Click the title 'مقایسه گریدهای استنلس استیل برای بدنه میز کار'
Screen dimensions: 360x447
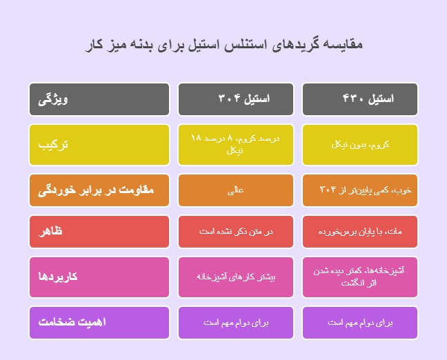point(223,45)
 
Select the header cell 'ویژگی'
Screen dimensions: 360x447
point(99,99)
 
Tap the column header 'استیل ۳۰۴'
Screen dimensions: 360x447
point(236,99)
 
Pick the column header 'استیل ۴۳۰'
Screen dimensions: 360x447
point(359,99)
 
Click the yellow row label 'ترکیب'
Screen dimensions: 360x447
point(99,144)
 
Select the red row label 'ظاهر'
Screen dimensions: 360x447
point(99,232)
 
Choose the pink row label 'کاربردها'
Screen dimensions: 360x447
point(99,277)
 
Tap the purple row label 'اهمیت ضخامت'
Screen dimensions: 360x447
point(99,322)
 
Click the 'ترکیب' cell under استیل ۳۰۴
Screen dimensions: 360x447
point(236,144)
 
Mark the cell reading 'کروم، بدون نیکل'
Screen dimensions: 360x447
point(359,145)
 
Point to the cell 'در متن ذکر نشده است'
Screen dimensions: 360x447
point(236,233)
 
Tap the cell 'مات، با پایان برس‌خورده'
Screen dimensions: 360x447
point(359,233)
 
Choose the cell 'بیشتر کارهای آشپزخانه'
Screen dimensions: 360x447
point(236,277)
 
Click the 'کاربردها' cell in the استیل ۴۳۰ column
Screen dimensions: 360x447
point(359,277)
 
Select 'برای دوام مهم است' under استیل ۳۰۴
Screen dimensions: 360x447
point(236,322)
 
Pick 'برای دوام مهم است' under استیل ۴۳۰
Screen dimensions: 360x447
point(359,322)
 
